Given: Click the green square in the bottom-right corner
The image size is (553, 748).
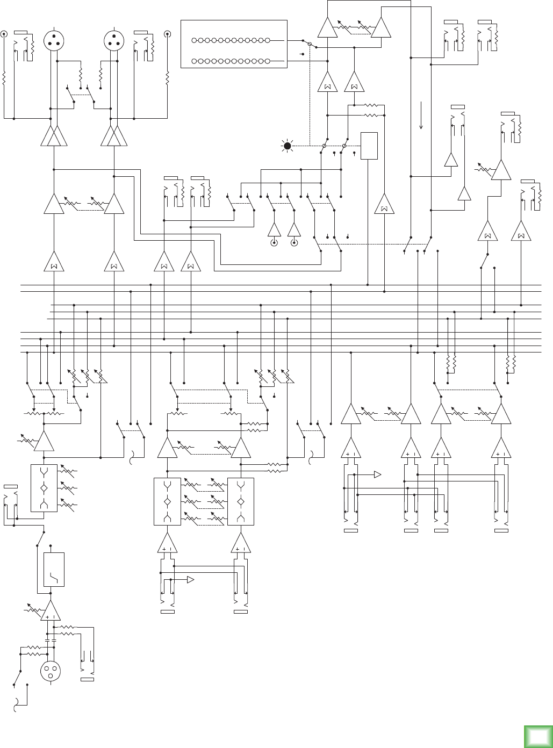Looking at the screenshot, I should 538,736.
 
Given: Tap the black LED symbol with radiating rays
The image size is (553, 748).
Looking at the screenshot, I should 288,146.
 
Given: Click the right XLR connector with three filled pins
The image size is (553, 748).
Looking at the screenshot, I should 114,39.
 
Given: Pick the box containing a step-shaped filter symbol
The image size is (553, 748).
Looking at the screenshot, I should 54,570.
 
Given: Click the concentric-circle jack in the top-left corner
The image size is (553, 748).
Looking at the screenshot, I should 4,34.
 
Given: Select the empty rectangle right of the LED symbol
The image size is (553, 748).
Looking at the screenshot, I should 369,146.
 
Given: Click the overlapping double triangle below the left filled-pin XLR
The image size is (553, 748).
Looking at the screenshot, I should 54,136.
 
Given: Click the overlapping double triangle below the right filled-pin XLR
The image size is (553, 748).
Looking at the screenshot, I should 114,136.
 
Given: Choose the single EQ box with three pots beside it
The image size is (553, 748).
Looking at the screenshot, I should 44,488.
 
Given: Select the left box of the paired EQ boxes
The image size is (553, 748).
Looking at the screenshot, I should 167,501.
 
